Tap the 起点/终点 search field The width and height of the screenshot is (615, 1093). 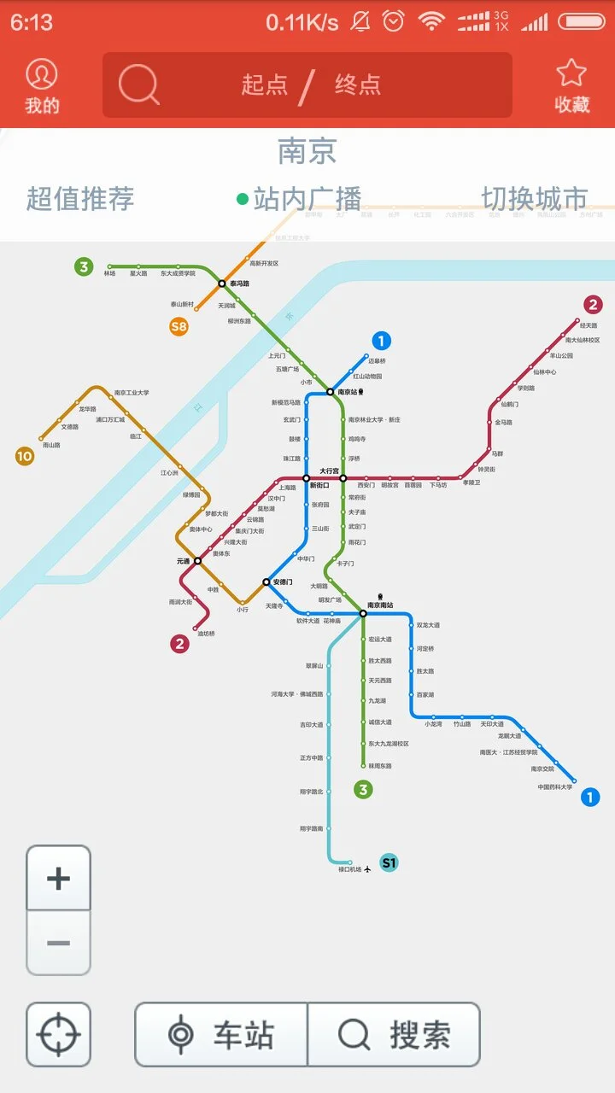[x=307, y=85]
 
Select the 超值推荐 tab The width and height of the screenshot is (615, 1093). [x=80, y=199]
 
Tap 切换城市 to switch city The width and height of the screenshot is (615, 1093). [x=535, y=199]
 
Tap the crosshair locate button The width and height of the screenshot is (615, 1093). [x=58, y=1035]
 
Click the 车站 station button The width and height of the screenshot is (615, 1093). [x=222, y=1035]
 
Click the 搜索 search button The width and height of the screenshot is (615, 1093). [x=394, y=1035]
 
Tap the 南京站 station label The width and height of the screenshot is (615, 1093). [x=348, y=392]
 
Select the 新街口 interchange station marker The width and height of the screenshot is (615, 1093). [x=307, y=478]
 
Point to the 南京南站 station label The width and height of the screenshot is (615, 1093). [x=381, y=605]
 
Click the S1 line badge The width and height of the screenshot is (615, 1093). [x=389, y=862]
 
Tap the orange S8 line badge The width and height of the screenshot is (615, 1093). [x=179, y=326]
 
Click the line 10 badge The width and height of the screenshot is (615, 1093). [x=25, y=456]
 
